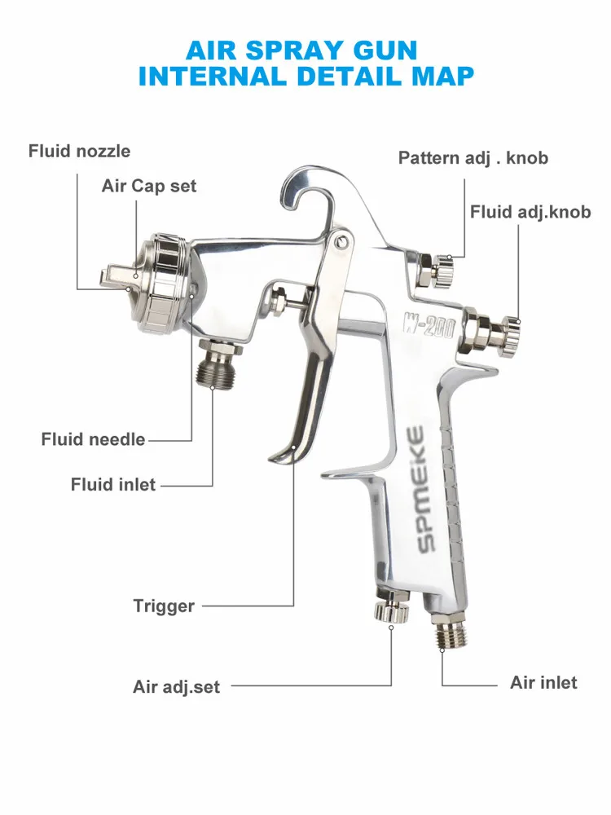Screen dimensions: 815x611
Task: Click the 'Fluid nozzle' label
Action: coord(79,151)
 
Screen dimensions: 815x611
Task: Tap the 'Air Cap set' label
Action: coord(149,186)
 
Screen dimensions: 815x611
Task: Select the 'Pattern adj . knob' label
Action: coord(473,157)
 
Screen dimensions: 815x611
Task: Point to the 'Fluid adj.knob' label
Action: coord(530,212)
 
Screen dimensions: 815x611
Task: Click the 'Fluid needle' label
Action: coord(93,439)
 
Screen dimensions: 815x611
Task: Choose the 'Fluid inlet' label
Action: coord(112,485)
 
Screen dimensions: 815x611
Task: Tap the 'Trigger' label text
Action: coord(164,606)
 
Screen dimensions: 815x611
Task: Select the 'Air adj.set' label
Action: coord(176,687)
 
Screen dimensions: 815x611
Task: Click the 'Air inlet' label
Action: coord(543,682)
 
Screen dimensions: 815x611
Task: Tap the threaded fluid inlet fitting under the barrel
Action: coord(219,364)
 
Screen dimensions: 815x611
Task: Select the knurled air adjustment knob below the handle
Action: coord(390,610)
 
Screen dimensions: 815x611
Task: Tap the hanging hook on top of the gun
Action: coord(314,183)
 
